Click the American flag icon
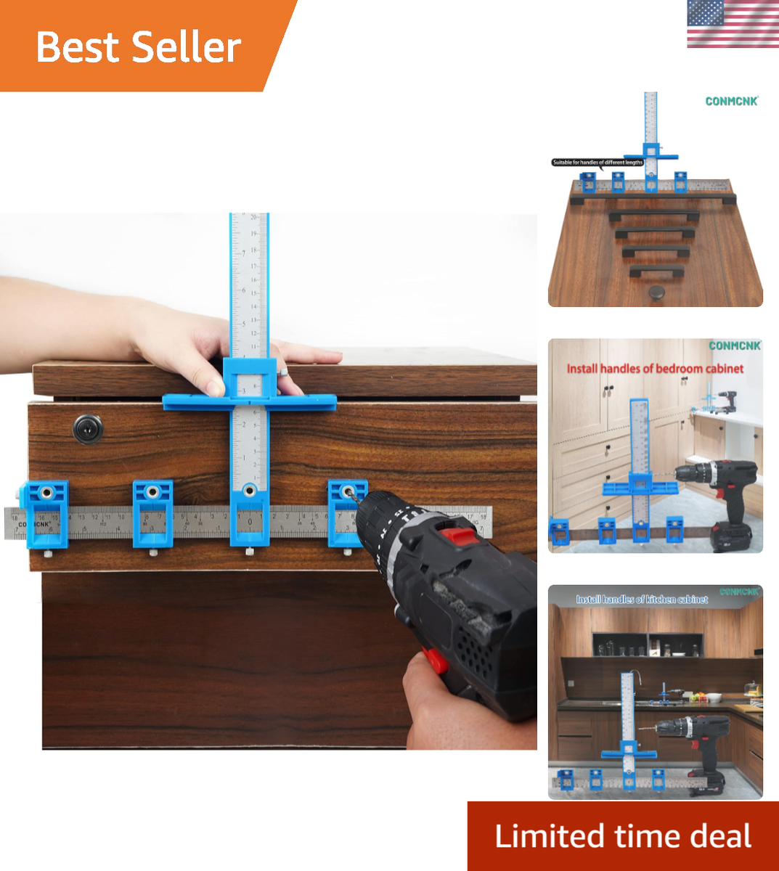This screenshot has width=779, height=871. [x=733, y=25]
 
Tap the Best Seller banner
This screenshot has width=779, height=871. [x=138, y=47]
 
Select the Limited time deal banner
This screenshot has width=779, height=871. [x=623, y=836]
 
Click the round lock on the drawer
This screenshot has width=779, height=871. [x=88, y=429]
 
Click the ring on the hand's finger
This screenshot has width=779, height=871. [x=284, y=372]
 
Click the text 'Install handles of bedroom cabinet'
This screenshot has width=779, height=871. [x=655, y=369]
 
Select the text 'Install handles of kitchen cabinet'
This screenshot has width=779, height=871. [x=642, y=600]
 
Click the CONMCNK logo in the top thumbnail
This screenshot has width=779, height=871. [x=731, y=102]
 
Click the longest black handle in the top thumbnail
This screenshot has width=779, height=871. [x=653, y=198]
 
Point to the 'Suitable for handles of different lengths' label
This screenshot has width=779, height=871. [x=597, y=163]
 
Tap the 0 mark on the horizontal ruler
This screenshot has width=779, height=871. [x=250, y=521]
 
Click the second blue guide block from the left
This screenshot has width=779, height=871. [x=153, y=512]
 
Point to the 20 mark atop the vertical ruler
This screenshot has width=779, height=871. [x=254, y=218]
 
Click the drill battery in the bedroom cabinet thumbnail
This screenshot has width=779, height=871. [x=733, y=534]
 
